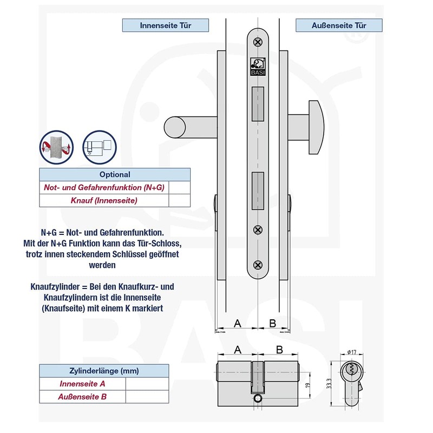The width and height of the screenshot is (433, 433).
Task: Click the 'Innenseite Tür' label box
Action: [x=166, y=25]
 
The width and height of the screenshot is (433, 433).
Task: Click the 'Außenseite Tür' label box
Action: [x=339, y=25]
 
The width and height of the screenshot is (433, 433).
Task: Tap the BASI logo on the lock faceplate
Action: [x=258, y=67]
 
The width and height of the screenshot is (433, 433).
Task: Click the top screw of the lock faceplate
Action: [x=258, y=41]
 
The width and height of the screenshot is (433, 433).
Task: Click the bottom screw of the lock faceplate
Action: [x=258, y=265]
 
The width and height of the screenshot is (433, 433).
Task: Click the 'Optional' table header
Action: [x=115, y=174]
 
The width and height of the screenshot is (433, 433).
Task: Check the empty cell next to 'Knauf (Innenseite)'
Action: [x=179, y=200]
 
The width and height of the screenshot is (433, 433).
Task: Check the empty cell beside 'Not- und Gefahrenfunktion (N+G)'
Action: [x=179, y=187]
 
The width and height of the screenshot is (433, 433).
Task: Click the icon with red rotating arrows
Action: [x=55, y=146]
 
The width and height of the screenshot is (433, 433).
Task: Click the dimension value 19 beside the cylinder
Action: [x=307, y=385]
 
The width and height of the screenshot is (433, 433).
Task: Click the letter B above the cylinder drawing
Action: [x=279, y=350]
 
